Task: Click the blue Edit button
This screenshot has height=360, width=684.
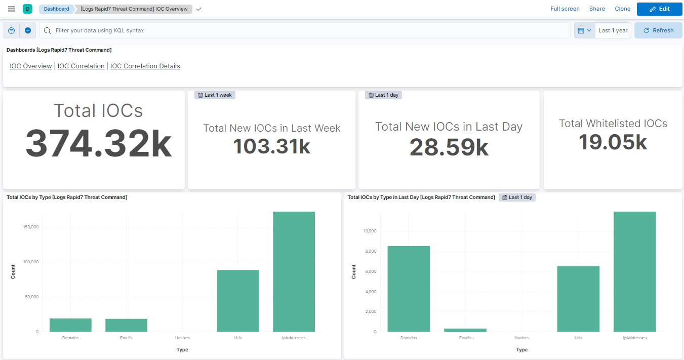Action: click(659, 9)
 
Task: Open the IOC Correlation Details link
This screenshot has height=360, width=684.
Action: click(145, 66)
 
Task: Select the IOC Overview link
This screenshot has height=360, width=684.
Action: click(30, 66)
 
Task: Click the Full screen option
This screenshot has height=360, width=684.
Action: click(565, 9)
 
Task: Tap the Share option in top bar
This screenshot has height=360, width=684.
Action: click(597, 9)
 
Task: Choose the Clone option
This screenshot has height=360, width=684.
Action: click(622, 9)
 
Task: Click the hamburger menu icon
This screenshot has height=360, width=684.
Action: click(12, 9)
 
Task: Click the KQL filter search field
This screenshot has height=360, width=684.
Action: click(304, 30)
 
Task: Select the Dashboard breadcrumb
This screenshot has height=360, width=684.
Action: click(56, 9)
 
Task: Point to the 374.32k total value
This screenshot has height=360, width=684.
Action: click(99, 144)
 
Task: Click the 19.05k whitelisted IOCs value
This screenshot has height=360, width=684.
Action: click(613, 142)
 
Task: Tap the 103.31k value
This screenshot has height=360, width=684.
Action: click(271, 146)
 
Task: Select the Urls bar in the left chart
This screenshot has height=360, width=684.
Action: click(238, 301)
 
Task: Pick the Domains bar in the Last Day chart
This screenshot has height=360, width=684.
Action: click(409, 289)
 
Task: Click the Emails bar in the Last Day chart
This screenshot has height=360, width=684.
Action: click(465, 330)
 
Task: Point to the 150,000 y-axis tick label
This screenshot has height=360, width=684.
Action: click(31, 227)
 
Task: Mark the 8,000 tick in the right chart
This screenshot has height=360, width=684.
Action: click(370, 251)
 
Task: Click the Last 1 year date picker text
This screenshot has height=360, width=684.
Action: click(613, 30)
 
